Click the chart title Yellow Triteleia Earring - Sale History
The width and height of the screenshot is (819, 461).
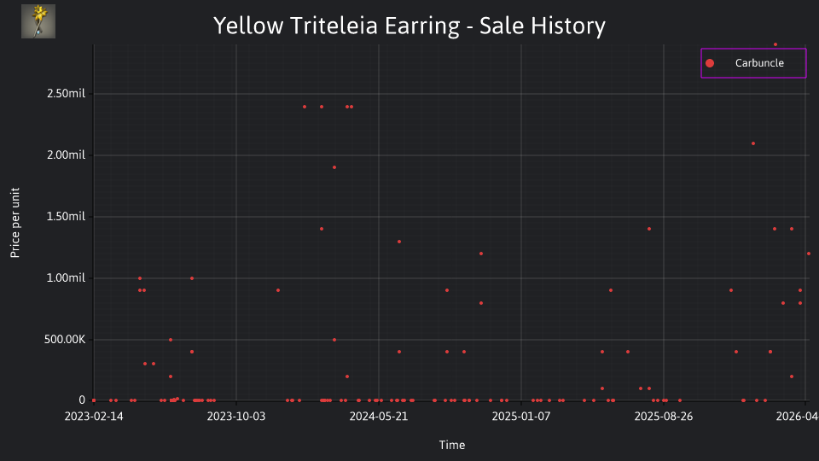409,26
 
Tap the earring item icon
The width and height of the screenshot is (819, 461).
38,21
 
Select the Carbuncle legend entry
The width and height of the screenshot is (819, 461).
753,63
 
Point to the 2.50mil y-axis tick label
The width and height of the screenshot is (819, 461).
66,94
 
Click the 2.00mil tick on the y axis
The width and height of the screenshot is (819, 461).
66,155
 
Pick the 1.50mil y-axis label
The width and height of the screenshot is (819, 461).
66,216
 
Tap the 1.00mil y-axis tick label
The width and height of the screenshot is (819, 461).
66,278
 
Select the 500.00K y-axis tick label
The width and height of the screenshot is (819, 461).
65,340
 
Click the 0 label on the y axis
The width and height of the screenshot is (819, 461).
82,400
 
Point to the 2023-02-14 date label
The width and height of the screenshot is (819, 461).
94,417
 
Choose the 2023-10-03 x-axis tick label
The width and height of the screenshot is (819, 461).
236,417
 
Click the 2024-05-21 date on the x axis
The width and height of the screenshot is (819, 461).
379,417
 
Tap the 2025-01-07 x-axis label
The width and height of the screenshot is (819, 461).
521,417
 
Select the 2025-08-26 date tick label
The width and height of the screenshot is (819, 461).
664,417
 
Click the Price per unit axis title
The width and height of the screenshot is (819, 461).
15,223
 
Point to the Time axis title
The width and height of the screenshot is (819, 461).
452,446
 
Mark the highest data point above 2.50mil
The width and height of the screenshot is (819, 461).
775,45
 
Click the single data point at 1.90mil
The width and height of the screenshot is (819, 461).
334,168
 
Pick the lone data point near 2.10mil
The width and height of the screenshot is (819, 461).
753,143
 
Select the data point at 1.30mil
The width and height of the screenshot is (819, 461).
399,242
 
